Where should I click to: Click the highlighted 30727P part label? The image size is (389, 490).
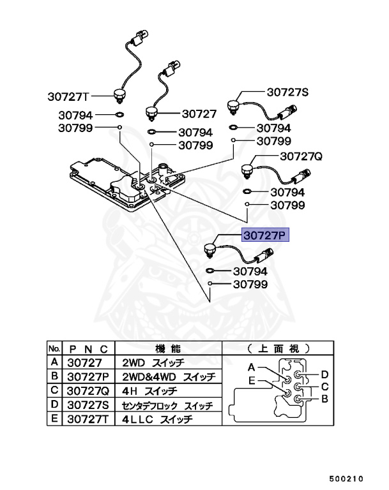click(x=265, y=235)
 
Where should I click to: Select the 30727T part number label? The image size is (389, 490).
click(x=68, y=97)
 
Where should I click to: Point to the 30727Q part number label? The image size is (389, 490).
click(x=301, y=156)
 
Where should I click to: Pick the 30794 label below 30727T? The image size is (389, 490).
click(x=75, y=115)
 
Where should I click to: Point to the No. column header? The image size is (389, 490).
click(x=54, y=348)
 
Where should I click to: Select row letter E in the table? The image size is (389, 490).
click(x=54, y=419)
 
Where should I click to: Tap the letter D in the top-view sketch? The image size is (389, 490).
click(x=324, y=374)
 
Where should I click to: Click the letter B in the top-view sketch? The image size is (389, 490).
click(x=324, y=399)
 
